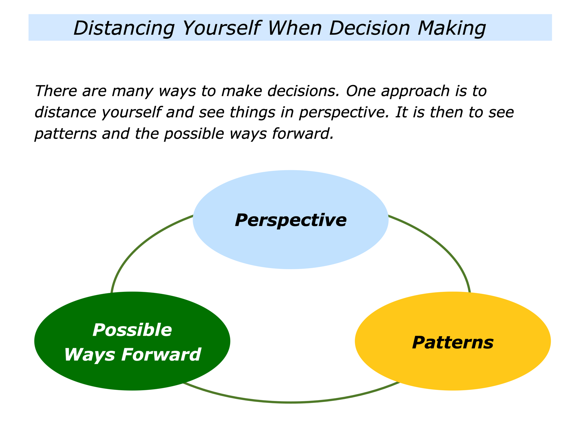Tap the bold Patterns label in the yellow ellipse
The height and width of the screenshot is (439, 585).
(453, 343)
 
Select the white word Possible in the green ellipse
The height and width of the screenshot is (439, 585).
(132, 330)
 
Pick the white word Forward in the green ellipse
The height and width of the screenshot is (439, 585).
(161, 354)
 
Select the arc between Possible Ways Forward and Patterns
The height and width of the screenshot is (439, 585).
(291, 402)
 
